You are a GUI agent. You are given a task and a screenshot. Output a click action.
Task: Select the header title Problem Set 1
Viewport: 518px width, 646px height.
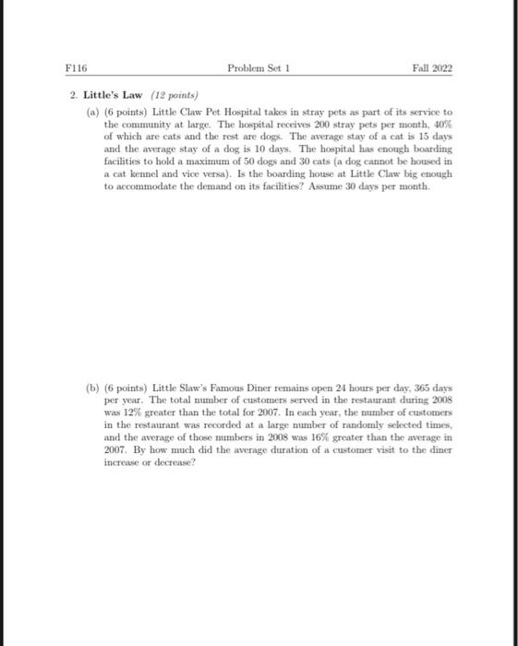tap(259, 67)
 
